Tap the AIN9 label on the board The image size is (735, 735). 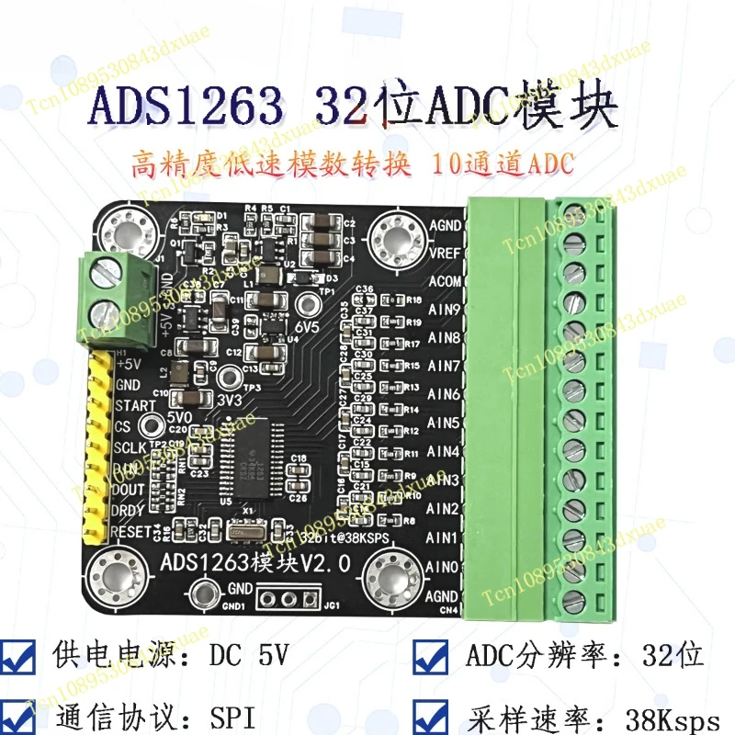click(444, 309)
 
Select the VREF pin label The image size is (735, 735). click(445, 252)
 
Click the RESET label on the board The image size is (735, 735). click(133, 532)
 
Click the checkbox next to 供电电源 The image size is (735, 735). click(21, 656)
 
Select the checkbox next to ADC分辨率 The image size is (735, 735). click(431, 656)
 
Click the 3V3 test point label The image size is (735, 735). click(230, 400)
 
